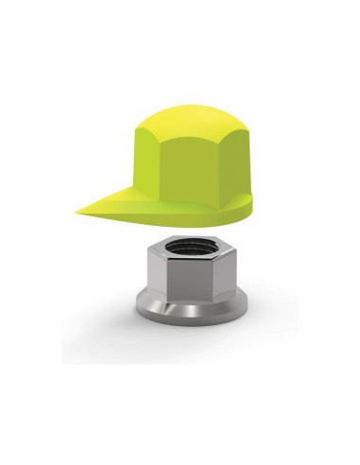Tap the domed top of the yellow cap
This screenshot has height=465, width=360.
click(x=194, y=118)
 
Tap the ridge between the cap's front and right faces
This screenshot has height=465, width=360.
click(x=222, y=170)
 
